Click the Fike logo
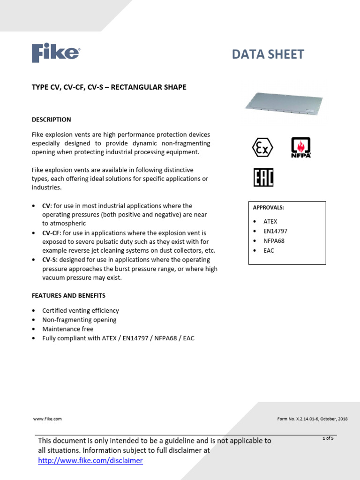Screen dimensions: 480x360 pyautogui.click(x=55, y=53)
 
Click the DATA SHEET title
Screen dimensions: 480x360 pyautogui.click(x=268, y=54)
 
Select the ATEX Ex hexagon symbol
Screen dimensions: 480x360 pyautogui.click(x=263, y=148)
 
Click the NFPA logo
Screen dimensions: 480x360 pyautogui.click(x=301, y=148)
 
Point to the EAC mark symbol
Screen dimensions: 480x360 pyautogui.click(x=263, y=178)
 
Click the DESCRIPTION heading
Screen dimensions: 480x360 pyautogui.click(x=51, y=120)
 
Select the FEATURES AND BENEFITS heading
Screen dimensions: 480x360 pyautogui.click(x=68, y=295)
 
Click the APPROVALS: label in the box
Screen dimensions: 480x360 pyautogui.click(x=269, y=207)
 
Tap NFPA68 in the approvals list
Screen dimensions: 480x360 pyautogui.click(x=274, y=240)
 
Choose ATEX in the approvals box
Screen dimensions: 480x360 pyautogui.click(x=270, y=221)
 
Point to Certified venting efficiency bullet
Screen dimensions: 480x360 pyautogui.click(x=81, y=310)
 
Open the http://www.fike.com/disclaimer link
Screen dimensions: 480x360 pyautogui.click(x=90, y=461)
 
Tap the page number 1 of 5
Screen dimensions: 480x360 pyautogui.click(x=328, y=438)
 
